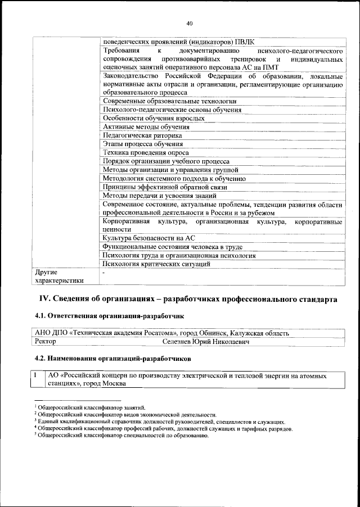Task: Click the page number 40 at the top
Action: [x=189, y=23]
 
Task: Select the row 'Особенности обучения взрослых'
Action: [x=153, y=119]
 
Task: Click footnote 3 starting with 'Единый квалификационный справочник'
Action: [x=160, y=421]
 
